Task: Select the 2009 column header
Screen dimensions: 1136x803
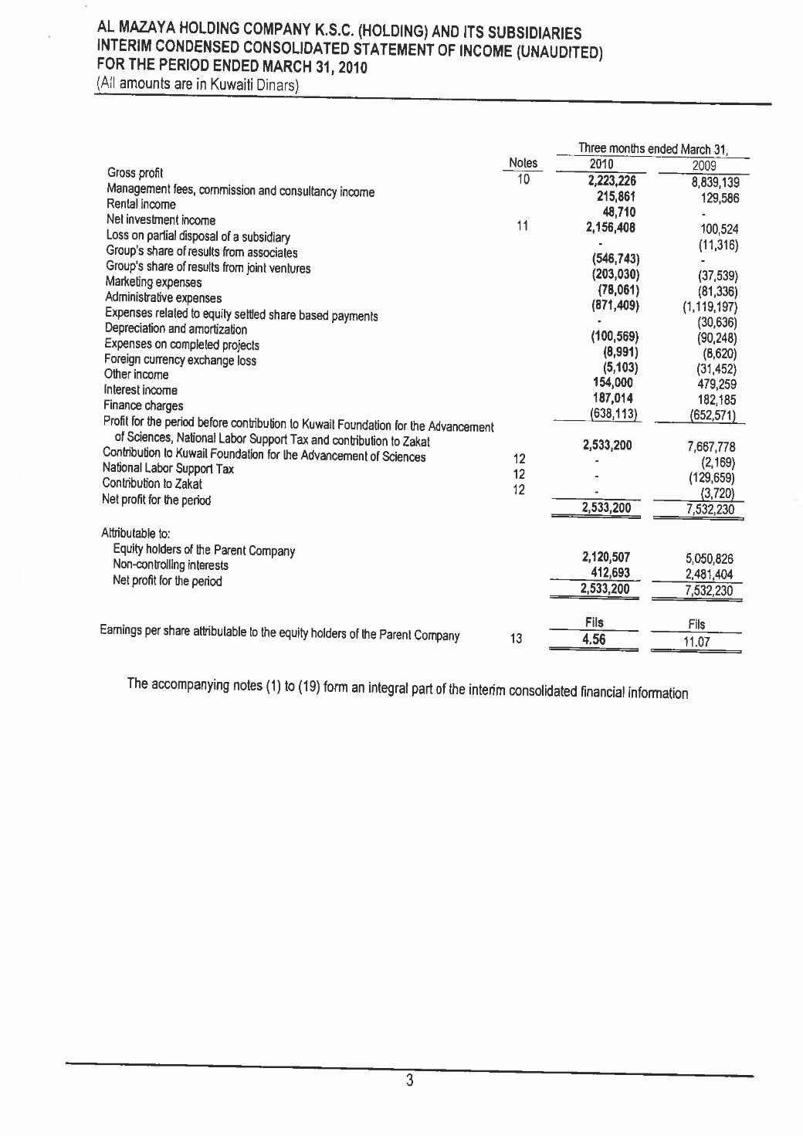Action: click(x=704, y=165)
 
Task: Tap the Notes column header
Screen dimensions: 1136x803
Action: click(x=523, y=163)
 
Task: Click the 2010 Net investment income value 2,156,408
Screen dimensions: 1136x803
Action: click(x=612, y=228)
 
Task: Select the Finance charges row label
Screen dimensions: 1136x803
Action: click(x=144, y=405)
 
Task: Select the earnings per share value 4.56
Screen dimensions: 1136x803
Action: click(x=594, y=639)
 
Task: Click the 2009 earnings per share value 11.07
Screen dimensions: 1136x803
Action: click(x=696, y=642)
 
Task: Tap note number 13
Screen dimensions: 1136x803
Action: click(x=517, y=639)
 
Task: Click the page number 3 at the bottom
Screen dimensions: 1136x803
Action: click(x=410, y=1080)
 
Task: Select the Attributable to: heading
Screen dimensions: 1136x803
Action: click(x=136, y=533)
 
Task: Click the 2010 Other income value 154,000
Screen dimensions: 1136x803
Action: click(x=613, y=383)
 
